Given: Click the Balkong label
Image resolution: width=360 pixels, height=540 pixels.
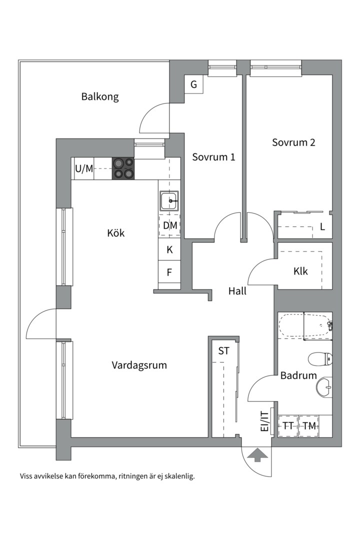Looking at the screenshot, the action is click(x=100, y=97).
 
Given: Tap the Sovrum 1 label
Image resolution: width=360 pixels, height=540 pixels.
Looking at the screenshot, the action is click(x=213, y=157).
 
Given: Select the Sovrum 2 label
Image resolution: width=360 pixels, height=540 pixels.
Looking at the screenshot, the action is click(x=293, y=142).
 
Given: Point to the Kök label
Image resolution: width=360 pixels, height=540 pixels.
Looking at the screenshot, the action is click(x=116, y=233).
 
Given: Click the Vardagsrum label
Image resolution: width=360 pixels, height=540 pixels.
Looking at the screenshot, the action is click(x=139, y=365).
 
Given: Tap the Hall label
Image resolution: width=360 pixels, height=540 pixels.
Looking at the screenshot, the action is click(x=237, y=291).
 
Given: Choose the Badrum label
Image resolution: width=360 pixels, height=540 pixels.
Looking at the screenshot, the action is click(x=298, y=375).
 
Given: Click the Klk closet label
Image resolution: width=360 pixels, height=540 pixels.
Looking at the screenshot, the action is click(x=300, y=271).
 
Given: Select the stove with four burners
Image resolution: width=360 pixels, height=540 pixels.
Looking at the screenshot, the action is click(x=123, y=168).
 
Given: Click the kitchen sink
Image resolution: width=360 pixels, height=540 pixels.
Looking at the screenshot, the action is click(x=169, y=200).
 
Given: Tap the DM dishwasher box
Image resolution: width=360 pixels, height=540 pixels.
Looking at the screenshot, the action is click(x=169, y=225).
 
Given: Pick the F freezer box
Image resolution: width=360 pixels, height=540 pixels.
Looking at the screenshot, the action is click(x=169, y=272).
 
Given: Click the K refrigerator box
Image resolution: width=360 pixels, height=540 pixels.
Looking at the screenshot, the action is click(x=169, y=249).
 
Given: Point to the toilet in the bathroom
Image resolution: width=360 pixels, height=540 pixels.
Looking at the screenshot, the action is click(x=319, y=359).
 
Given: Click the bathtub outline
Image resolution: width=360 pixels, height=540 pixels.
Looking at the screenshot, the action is click(x=305, y=326).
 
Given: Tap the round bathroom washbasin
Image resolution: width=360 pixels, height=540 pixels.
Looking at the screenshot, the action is click(x=324, y=387).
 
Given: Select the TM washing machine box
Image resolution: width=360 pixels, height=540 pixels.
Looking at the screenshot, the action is click(x=309, y=426).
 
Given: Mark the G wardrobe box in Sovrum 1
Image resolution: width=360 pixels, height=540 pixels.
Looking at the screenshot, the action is click(x=193, y=84).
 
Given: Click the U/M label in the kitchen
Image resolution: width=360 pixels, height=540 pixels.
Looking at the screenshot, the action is click(x=84, y=169).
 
